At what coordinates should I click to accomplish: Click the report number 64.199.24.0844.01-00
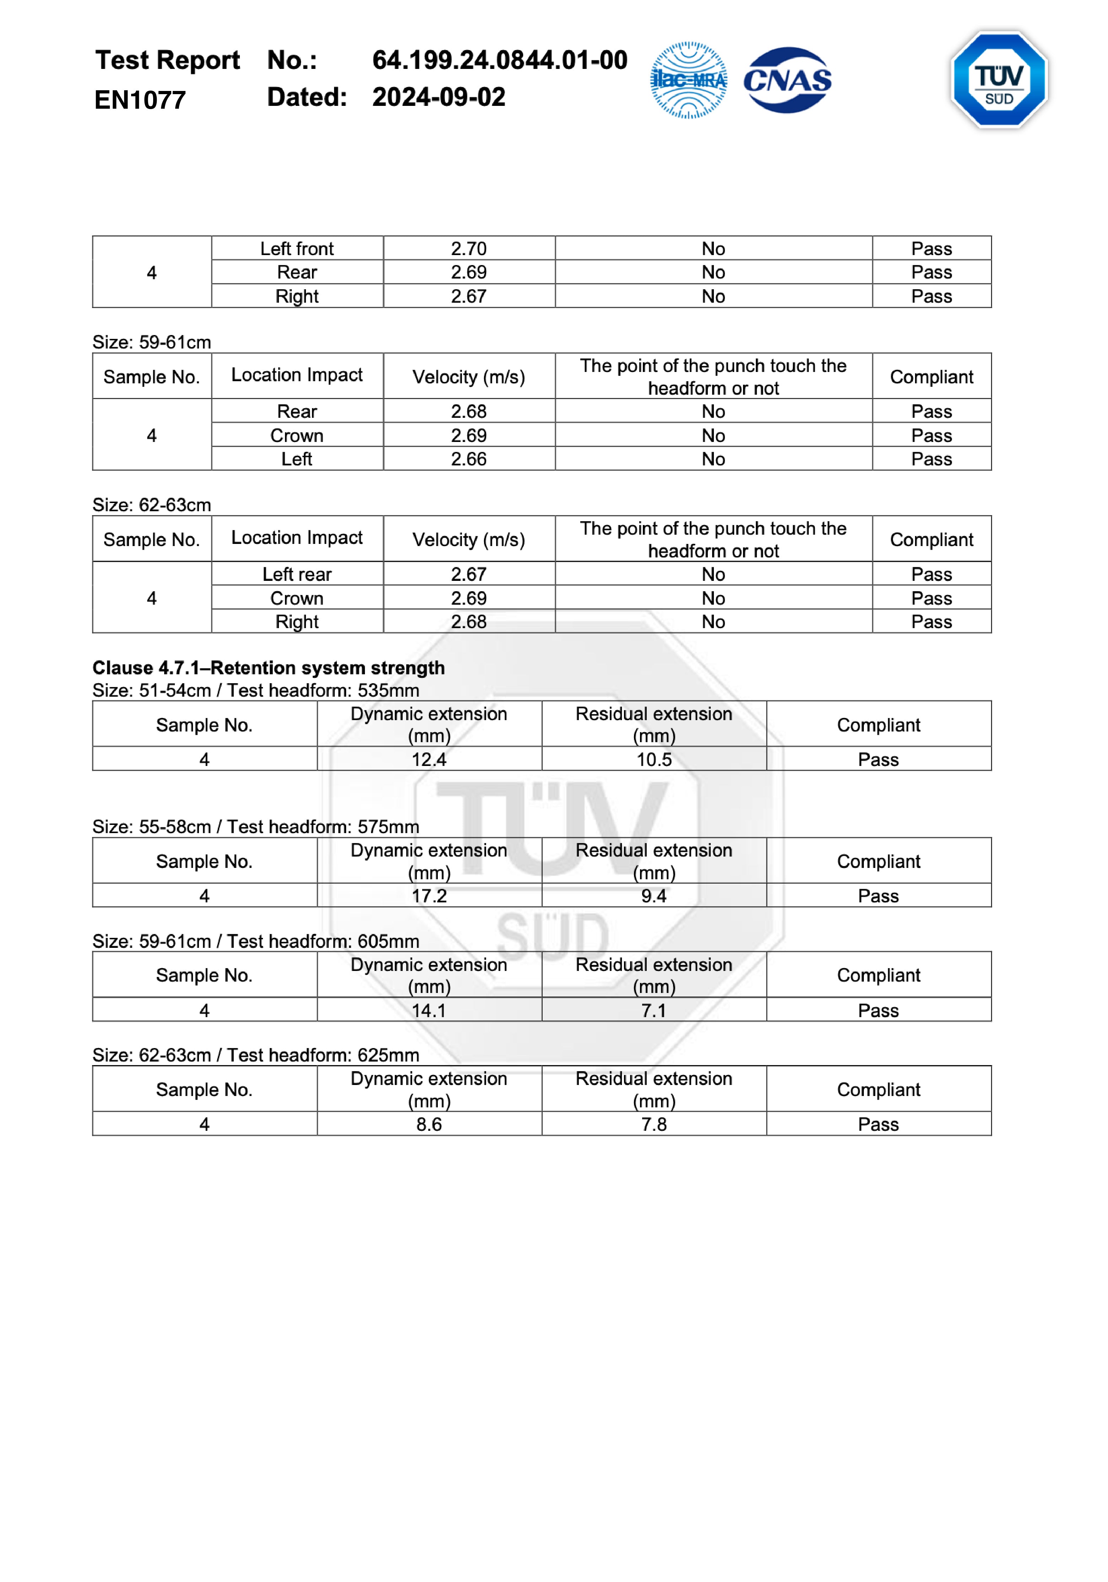click(500, 60)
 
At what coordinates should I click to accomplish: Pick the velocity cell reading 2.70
click(469, 249)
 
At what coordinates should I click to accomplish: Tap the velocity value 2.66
click(469, 459)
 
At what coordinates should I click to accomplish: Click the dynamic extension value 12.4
click(429, 759)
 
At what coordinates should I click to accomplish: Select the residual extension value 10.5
click(653, 759)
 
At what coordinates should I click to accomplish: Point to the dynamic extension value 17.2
click(429, 896)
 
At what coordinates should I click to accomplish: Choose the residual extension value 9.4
click(653, 896)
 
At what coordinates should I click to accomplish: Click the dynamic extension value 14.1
click(429, 1010)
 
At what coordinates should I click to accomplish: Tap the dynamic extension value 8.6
click(429, 1124)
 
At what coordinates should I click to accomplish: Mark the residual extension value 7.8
click(653, 1124)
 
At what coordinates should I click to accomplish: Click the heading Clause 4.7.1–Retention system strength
click(269, 668)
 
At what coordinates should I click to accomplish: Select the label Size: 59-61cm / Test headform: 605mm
click(256, 941)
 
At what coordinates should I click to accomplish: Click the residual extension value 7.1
click(653, 1010)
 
